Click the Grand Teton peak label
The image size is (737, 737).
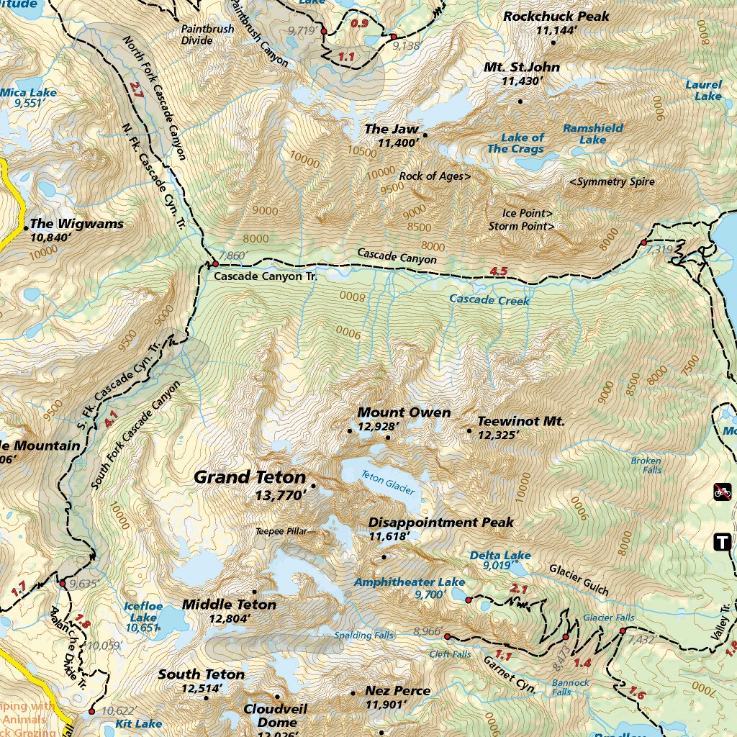(250, 477)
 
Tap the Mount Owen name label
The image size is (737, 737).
(404, 412)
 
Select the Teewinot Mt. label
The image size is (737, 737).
(521, 421)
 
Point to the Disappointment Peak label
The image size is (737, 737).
(440, 522)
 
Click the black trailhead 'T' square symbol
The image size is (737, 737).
(722, 542)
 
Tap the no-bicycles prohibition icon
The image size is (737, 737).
(723, 492)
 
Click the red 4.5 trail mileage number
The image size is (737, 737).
(499, 271)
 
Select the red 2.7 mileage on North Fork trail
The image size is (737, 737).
(137, 90)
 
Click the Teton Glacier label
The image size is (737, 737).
(388, 483)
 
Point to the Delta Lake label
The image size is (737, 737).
(500, 556)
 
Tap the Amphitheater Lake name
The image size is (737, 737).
(410, 582)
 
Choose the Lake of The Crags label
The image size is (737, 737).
(516, 143)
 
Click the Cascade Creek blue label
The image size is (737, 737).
(489, 299)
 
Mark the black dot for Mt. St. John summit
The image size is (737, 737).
(520, 101)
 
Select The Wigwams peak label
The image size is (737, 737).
(76, 224)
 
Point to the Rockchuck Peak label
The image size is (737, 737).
(556, 16)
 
